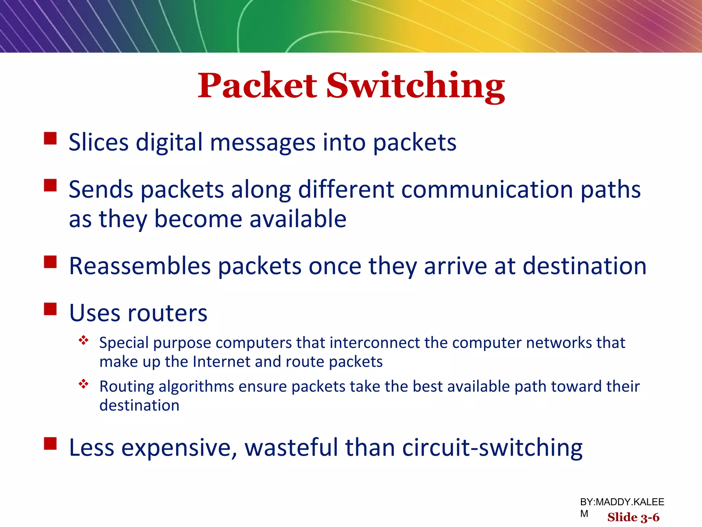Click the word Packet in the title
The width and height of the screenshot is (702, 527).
pyautogui.click(x=257, y=86)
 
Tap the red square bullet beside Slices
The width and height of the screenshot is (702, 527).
pyautogui.click(x=50, y=139)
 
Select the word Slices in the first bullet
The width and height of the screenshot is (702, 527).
pyautogui.click(x=99, y=142)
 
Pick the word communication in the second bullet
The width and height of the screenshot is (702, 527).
pyautogui.click(x=487, y=189)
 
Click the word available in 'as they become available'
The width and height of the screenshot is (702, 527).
pyautogui.click(x=298, y=219)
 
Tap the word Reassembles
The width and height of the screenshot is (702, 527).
pyautogui.click(x=140, y=266)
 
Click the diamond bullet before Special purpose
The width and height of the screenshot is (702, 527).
pyautogui.click(x=84, y=340)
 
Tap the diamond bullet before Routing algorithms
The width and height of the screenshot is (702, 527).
pyautogui.click(x=84, y=384)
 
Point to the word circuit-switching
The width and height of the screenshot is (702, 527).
pyautogui.click(x=492, y=447)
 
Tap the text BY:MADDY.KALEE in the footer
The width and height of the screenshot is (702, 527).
pyautogui.click(x=622, y=502)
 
